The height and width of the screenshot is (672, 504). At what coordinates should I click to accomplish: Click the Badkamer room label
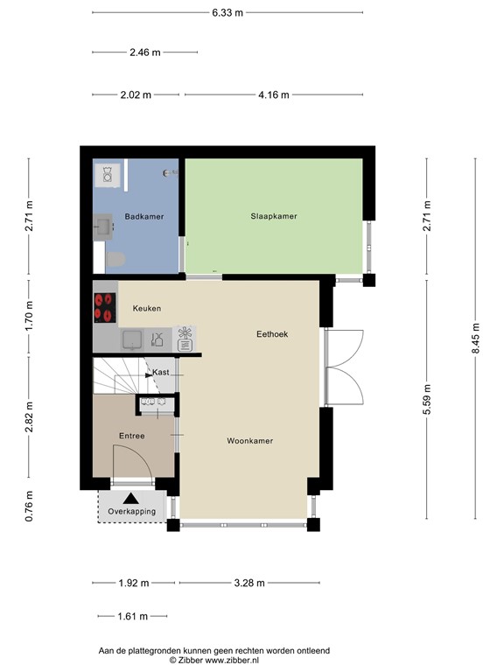coord(143,216)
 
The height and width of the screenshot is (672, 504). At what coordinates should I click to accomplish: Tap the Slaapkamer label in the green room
coord(273,215)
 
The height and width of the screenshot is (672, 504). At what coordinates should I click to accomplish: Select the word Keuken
coord(146,309)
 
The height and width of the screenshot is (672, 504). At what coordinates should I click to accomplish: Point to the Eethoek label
coord(272,334)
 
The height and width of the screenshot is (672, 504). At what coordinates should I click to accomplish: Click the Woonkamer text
coord(249,441)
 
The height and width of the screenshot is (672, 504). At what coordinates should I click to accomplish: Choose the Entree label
coord(131,436)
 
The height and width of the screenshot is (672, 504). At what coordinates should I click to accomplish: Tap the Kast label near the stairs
coord(161,373)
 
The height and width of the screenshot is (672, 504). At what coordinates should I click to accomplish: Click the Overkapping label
coord(131,511)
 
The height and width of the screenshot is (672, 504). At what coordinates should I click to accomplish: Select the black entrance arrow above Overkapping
coord(131,496)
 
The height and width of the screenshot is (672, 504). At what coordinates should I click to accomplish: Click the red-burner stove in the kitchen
coord(105,307)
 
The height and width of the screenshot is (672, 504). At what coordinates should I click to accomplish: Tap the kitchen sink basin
coord(133,339)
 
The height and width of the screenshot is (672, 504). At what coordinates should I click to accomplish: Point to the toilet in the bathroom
coord(114,258)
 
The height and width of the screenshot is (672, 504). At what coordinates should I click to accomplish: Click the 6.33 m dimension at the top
coord(227,12)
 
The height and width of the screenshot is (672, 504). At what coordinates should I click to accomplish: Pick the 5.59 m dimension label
coord(427,395)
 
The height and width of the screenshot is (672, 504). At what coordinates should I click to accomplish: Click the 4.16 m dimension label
coord(273,94)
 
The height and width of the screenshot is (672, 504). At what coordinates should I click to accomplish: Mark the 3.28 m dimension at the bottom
coord(248,582)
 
